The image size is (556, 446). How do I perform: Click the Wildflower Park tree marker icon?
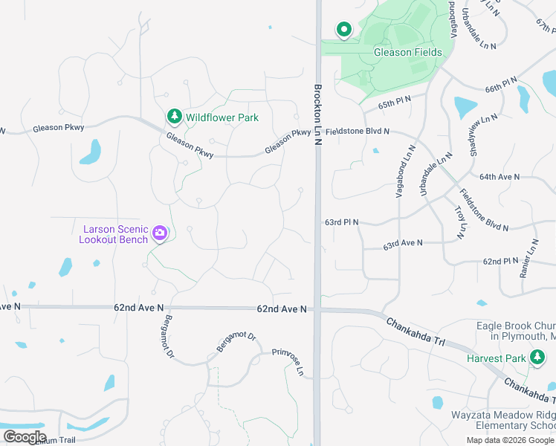coord(175,117)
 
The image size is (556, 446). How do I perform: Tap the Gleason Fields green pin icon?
coord(344,30)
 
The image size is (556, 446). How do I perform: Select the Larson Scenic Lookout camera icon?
coord(159,233)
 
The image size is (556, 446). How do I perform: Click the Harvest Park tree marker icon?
coord(537,358)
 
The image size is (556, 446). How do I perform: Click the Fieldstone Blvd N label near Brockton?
coord(358,132)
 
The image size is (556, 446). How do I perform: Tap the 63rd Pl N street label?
coord(341,222)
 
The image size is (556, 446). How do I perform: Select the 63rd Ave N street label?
coord(402,243)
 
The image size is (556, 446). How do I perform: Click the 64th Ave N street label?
coord(500,177)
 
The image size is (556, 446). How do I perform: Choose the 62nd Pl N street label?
coord(500,262)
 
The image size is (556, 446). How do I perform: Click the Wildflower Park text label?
coord(222,117)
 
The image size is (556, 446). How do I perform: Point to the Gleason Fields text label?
coord(408,53)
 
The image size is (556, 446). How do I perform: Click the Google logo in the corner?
coord(24,436)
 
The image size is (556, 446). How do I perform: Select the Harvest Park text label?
coord(497,358)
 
